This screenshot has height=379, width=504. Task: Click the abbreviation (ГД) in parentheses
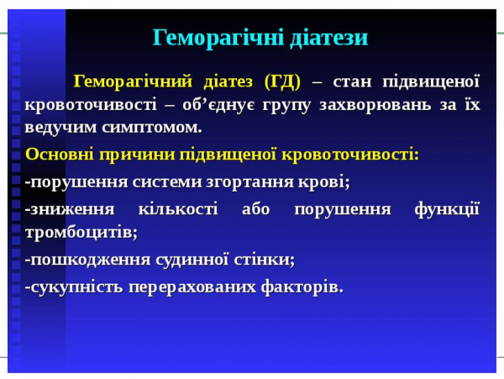coord(281,82)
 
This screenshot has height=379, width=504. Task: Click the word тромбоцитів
coord(81,231)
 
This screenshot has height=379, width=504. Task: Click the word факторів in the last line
coord(303,287)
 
